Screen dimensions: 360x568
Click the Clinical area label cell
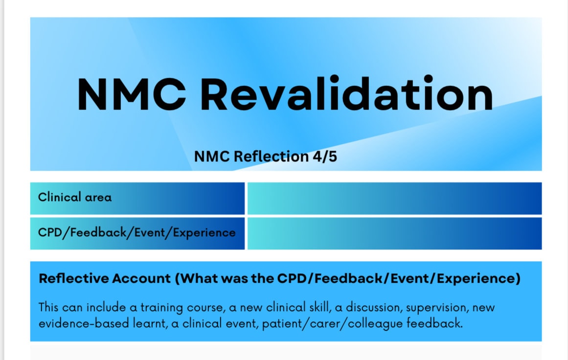[x=137, y=198]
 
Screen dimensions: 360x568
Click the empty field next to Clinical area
[x=394, y=198]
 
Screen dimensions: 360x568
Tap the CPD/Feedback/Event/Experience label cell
[x=137, y=233]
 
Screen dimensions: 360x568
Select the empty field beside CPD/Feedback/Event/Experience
[x=394, y=233]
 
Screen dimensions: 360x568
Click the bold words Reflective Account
[x=104, y=278]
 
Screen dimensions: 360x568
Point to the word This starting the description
[x=49, y=308]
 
